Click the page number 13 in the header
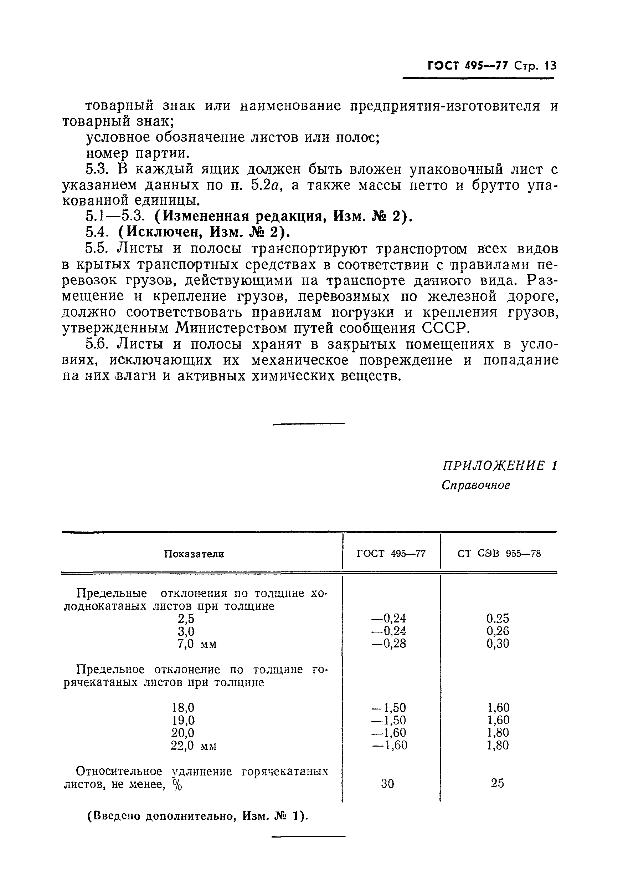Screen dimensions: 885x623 (550, 66)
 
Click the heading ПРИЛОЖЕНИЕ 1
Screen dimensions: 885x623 (499, 466)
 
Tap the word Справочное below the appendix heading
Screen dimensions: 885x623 (475, 485)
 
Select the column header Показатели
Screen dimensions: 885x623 (194, 554)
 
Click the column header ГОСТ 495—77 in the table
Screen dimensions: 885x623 (391, 554)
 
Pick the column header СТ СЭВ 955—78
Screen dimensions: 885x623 (499, 554)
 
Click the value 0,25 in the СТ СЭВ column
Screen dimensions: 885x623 (498, 618)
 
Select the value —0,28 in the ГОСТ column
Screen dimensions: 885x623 (388, 643)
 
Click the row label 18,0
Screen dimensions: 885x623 (183, 707)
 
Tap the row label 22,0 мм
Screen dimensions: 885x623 (193, 746)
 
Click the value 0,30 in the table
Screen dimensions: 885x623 (498, 643)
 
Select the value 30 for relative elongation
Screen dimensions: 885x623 (387, 783)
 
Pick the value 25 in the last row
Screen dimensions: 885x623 (497, 783)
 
